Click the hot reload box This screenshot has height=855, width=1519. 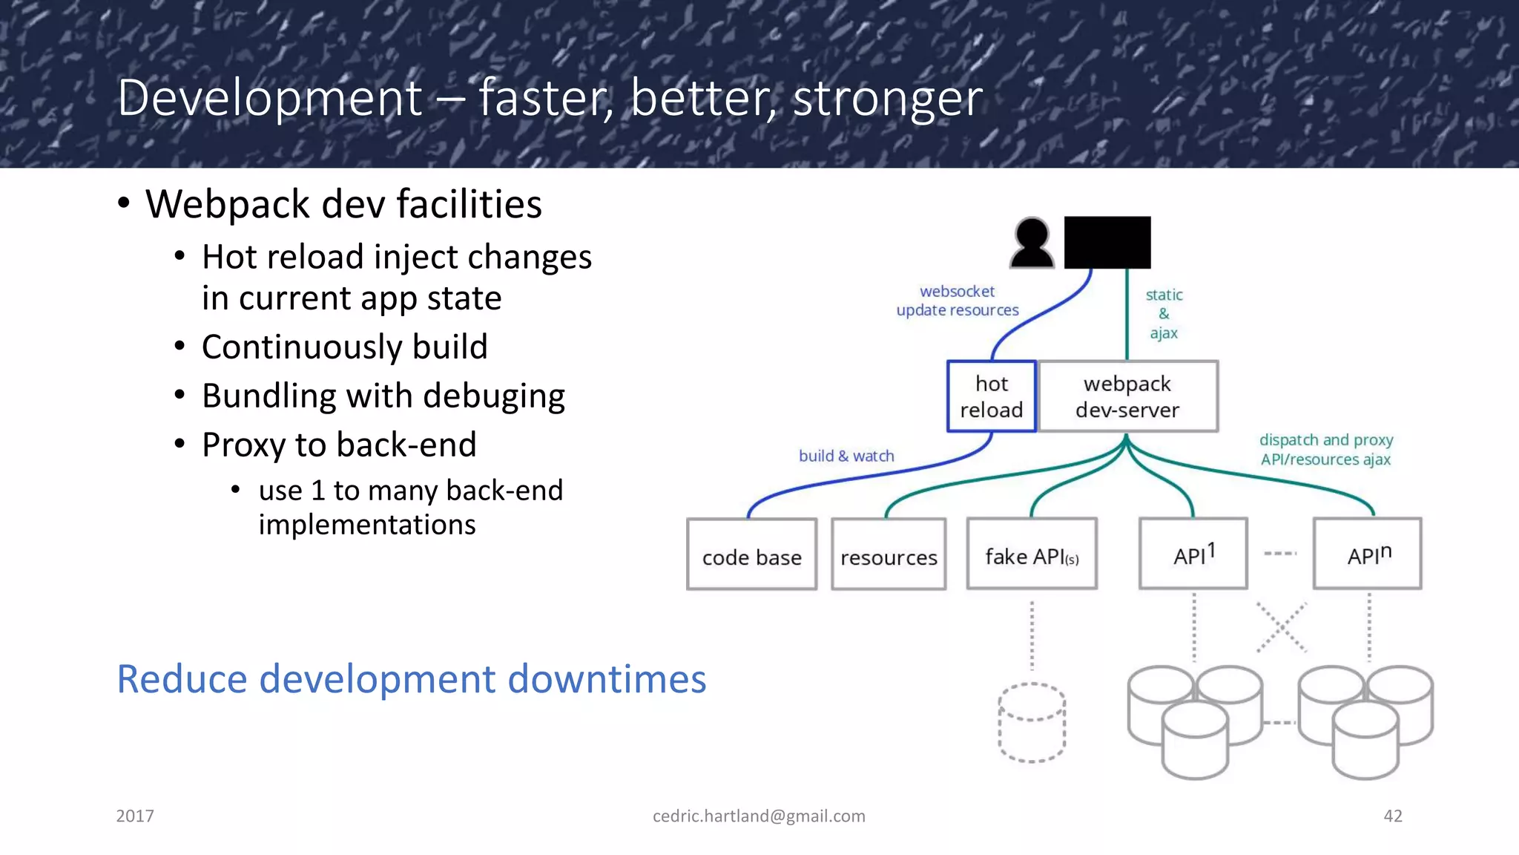(x=991, y=396)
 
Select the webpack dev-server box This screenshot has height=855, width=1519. (x=1127, y=396)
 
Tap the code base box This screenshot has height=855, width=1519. (x=751, y=554)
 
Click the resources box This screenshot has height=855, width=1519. (x=889, y=554)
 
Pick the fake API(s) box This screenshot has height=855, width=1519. (x=1031, y=554)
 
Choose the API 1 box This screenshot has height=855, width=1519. (x=1193, y=554)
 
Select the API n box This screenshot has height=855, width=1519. (x=1367, y=554)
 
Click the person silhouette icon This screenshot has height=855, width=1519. (x=1032, y=243)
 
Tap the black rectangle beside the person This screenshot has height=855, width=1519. (x=1107, y=243)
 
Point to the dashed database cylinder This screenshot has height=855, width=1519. (x=1032, y=722)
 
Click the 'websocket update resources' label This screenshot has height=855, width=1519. (x=958, y=301)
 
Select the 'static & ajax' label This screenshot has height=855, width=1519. (x=1164, y=314)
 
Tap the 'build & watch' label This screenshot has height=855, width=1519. (x=846, y=456)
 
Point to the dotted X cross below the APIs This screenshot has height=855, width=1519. (x=1282, y=627)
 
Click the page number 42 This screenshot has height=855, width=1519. (x=1392, y=816)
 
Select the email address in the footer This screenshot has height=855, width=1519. (x=759, y=816)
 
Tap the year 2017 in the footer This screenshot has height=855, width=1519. (x=135, y=816)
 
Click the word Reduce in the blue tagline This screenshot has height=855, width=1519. (x=182, y=679)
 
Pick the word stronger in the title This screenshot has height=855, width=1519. (x=887, y=98)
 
